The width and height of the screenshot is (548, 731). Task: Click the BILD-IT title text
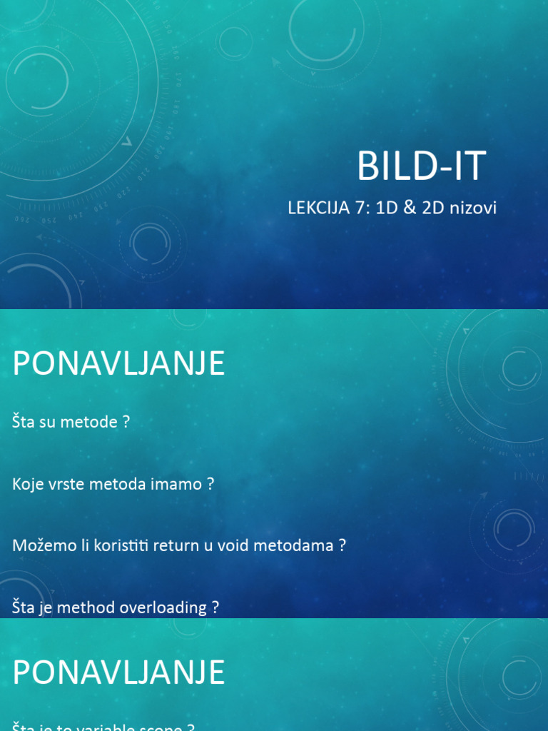point(421,166)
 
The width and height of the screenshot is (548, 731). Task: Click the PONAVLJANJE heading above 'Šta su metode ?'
point(118,363)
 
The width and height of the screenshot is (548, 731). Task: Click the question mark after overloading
point(215,608)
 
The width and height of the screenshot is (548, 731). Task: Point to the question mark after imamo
point(210,484)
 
